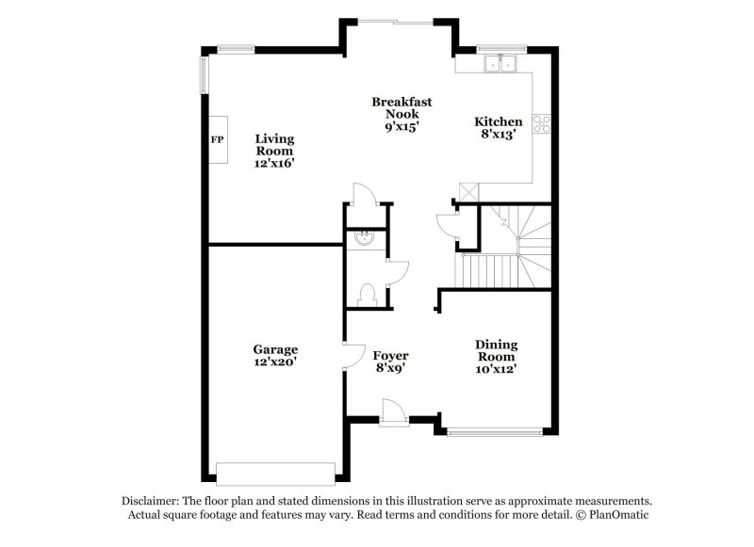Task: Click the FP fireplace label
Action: [218, 139]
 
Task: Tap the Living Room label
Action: [274, 145]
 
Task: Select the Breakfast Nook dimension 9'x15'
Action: [402, 127]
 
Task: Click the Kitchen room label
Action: [499, 121]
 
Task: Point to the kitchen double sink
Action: [500, 63]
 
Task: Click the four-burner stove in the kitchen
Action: [541, 124]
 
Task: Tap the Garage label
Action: [275, 349]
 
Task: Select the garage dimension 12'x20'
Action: [274, 362]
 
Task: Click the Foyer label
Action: [390, 355]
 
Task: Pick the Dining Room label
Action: [497, 350]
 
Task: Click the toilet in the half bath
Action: [367, 295]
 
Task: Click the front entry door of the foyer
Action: [393, 412]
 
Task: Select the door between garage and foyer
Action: [355, 356]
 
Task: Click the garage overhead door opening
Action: [275, 474]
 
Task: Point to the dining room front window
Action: [495, 432]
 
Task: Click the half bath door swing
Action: [398, 274]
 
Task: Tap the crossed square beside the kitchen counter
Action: [468, 192]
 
